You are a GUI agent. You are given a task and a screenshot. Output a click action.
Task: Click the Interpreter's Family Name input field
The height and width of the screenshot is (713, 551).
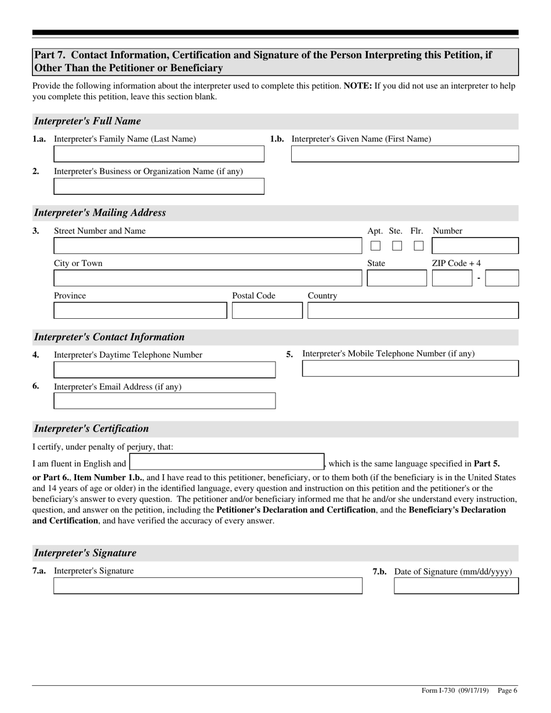coord(158,154)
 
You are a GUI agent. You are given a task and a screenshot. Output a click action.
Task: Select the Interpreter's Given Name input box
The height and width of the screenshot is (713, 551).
coord(404,154)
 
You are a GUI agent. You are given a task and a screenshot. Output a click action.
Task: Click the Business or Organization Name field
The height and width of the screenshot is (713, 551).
coord(158,186)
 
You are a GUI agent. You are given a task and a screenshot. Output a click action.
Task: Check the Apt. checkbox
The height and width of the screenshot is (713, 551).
coord(375,246)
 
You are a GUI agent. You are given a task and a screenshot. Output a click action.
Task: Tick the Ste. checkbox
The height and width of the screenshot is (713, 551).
coord(397,246)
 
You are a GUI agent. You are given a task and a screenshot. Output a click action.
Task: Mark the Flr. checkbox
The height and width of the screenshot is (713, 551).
coord(418,246)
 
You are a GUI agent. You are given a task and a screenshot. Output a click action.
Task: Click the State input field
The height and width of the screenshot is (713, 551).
coord(396,278)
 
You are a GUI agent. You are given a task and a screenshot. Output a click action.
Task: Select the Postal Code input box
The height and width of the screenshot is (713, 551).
coord(267,311)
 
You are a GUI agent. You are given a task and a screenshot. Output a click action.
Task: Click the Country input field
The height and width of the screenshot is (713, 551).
coord(412,311)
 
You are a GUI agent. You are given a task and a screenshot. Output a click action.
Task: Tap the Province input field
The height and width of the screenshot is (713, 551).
coord(140,311)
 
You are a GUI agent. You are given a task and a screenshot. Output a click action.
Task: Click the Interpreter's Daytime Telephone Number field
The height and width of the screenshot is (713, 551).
coord(164,370)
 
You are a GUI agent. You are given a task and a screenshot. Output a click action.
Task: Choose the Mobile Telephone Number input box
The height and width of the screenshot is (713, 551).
coord(410,369)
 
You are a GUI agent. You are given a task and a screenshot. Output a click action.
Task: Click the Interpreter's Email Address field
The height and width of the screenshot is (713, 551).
coord(164,401)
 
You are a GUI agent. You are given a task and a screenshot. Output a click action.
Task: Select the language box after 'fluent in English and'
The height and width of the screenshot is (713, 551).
coord(226,462)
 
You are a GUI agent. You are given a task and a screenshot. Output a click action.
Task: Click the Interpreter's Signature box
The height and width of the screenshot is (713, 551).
coord(208,586)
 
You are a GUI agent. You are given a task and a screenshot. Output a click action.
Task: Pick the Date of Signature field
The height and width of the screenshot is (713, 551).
coord(456,586)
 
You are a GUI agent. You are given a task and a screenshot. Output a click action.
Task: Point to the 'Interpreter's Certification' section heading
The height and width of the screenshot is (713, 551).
coord(92,429)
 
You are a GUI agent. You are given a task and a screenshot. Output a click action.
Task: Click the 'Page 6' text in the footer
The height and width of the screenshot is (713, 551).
coord(507,690)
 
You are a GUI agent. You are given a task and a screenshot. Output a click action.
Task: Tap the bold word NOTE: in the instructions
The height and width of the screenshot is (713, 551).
coord(357,86)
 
